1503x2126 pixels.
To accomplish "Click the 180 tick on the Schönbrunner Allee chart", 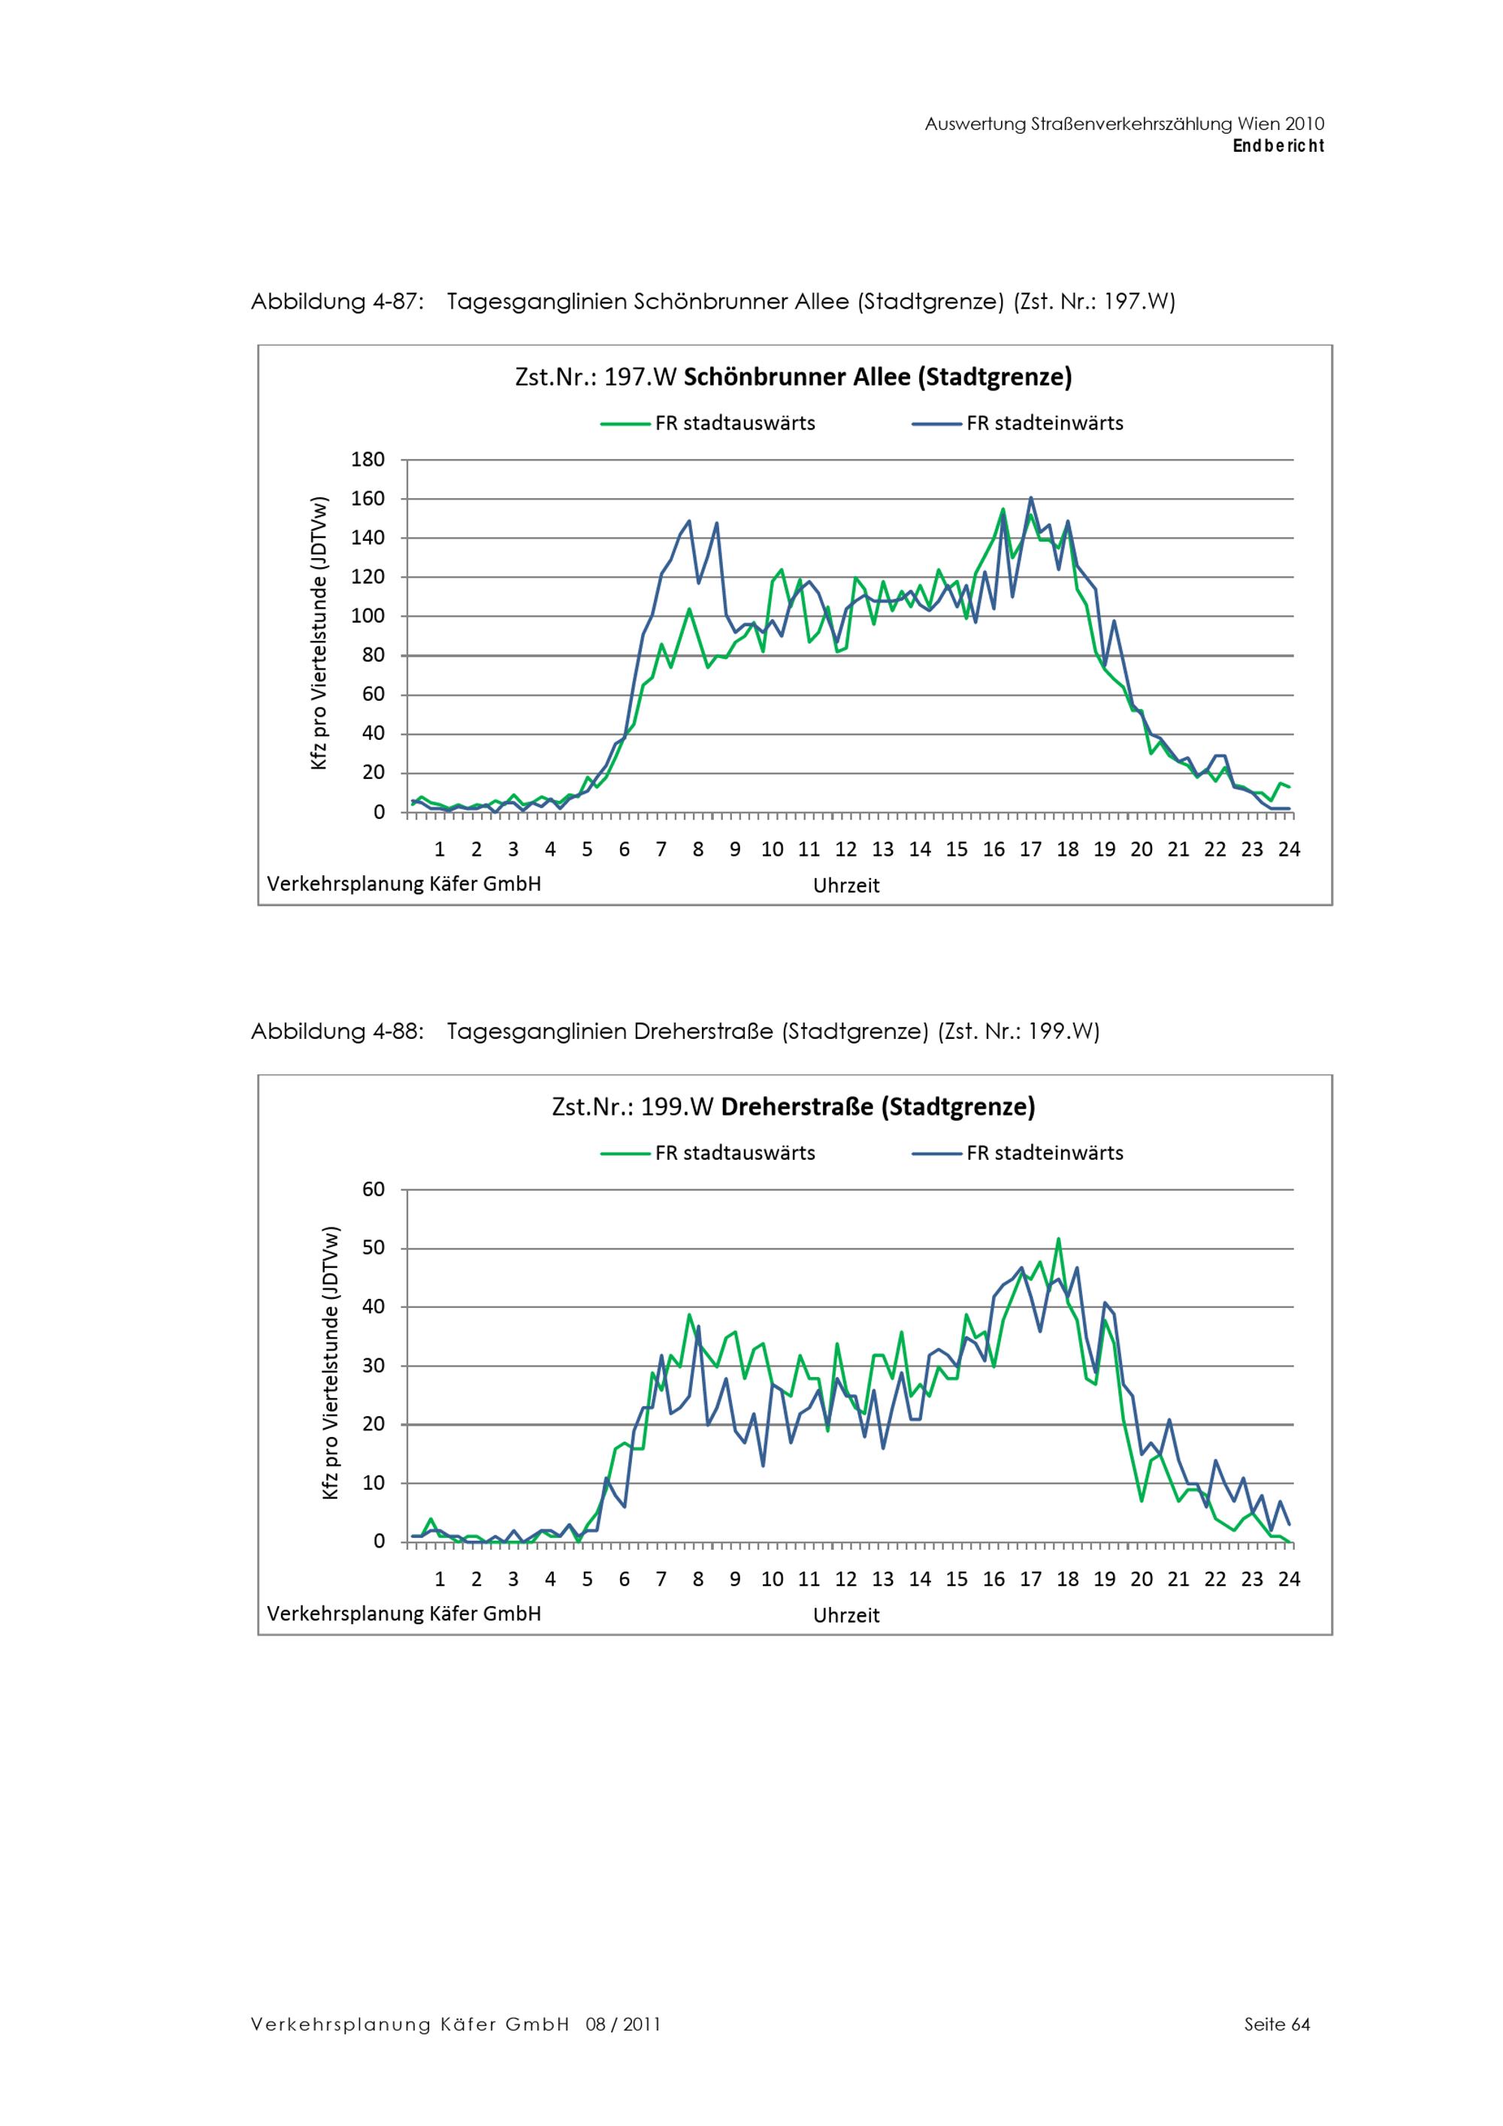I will coord(367,459).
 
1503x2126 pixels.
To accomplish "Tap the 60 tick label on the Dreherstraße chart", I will coord(373,1189).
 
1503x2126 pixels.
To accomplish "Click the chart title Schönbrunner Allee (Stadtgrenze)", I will coord(793,377).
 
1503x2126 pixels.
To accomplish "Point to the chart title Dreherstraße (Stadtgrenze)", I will coord(793,1107).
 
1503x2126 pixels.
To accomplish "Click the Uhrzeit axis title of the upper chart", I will coord(845,885).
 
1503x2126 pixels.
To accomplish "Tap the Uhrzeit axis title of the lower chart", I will coord(845,1615).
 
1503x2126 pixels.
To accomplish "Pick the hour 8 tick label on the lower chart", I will coord(698,1579).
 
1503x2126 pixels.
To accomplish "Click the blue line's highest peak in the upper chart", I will coord(1031,498).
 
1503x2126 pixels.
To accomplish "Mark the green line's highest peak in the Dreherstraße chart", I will coord(1059,1239).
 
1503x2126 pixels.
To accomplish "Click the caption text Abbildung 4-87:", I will coord(337,302).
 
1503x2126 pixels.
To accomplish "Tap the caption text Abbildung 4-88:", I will coord(337,1031).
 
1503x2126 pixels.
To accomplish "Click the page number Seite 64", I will coord(1277,2024).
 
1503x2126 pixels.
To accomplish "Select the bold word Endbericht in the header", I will coord(1278,146).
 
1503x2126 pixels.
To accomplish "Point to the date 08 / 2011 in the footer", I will coord(622,2024).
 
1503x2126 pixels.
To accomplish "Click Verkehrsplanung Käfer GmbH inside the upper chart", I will coord(404,883).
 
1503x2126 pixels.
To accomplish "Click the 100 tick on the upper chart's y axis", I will coord(367,617).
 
